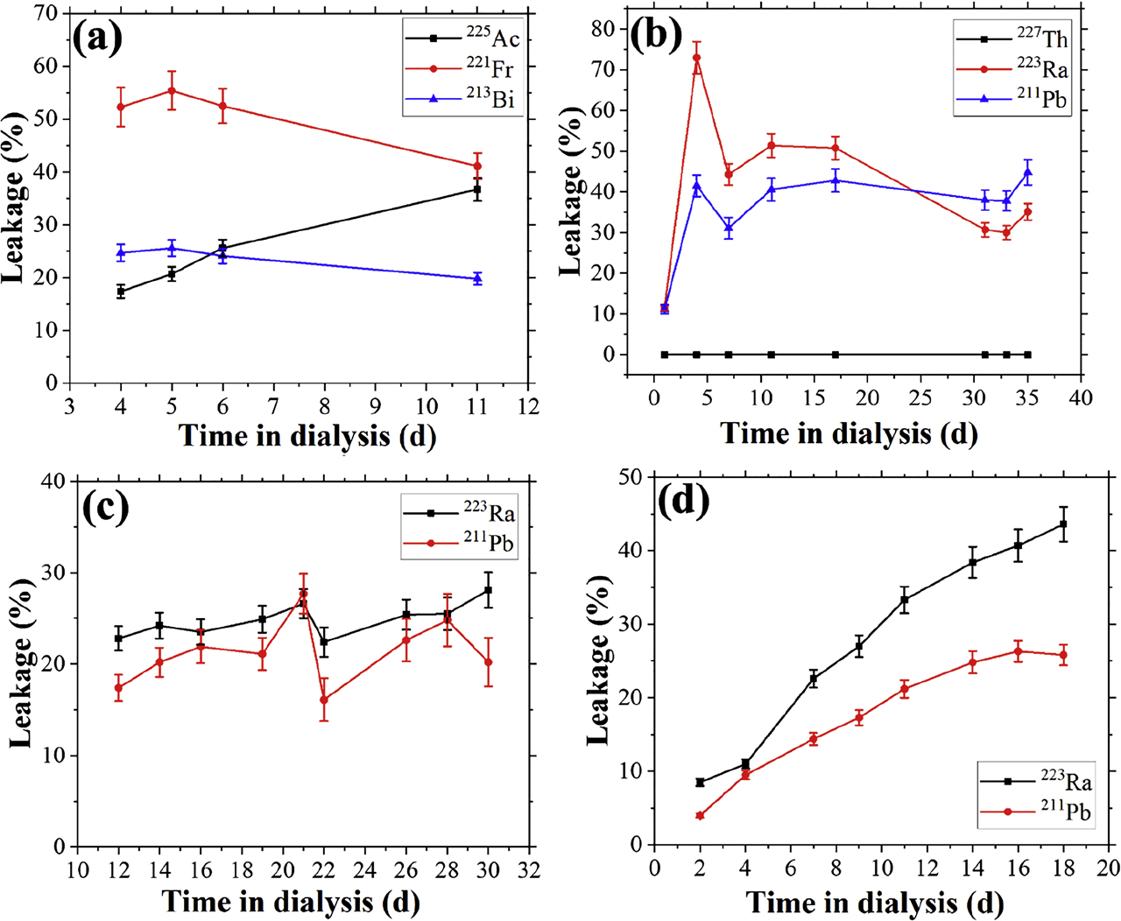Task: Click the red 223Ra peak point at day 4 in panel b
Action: click(696, 58)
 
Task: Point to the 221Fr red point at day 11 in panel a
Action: click(477, 165)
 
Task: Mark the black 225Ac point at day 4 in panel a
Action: click(121, 291)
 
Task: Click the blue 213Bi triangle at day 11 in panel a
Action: click(477, 278)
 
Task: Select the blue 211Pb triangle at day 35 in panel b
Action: click(1027, 172)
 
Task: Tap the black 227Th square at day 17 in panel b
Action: click(835, 355)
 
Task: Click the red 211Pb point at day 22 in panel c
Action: click(324, 700)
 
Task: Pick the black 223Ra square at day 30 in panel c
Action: click(488, 590)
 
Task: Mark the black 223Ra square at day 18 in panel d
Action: click(1063, 524)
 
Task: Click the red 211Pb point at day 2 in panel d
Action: click(700, 815)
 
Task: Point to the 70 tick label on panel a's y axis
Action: click(46, 13)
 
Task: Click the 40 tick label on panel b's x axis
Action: click(1081, 397)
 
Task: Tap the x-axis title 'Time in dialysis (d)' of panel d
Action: click(875, 903)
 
